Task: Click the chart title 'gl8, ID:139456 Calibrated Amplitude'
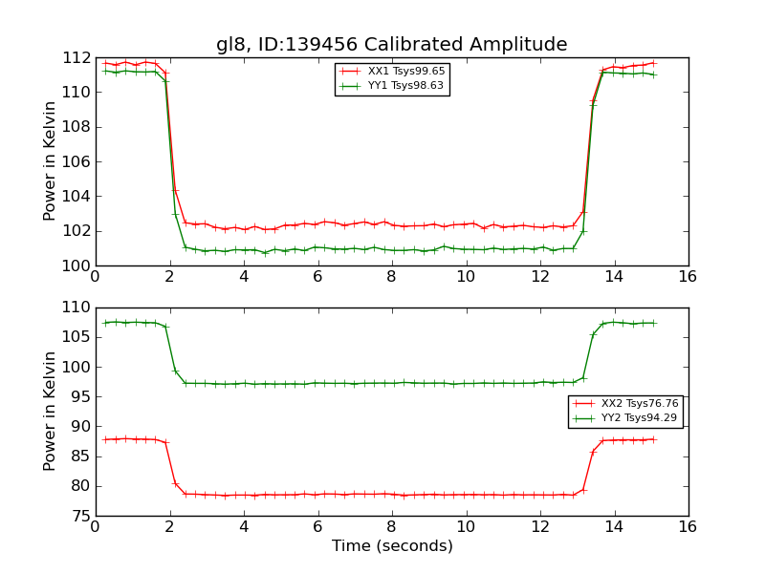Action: (391, 45)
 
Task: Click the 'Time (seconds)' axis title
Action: (392, 546)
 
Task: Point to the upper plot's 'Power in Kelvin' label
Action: (50, 161)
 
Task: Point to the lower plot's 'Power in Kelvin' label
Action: (50, 412)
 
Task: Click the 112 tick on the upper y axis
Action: (77, 57)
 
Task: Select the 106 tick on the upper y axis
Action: (77, 161)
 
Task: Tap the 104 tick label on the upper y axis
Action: (77, 196)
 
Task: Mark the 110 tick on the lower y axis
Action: (77, 308)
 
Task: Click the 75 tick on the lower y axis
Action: (81, 516)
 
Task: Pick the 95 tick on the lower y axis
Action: (81, 396)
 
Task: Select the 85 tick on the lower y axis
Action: (81, 456)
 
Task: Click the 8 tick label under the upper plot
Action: (392, 277)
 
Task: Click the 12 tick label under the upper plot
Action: (540, 277)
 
